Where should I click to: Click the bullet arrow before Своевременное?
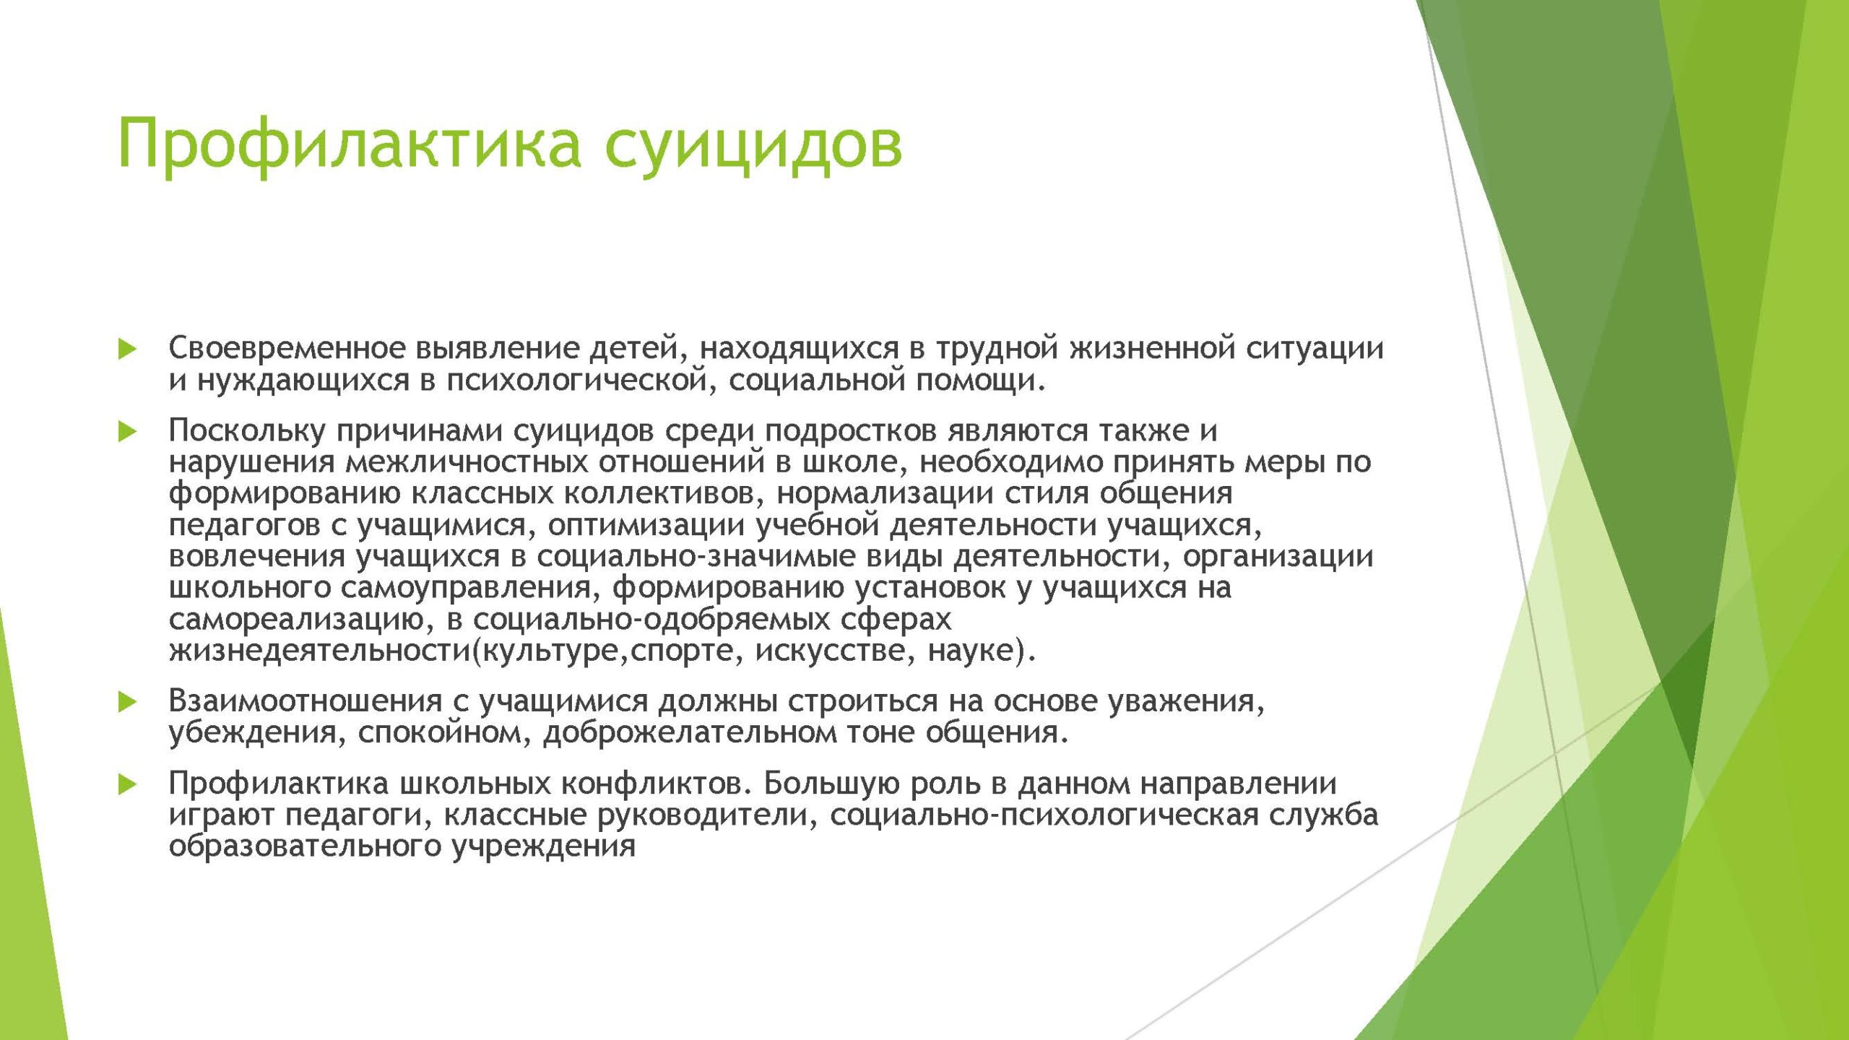coord(128,350)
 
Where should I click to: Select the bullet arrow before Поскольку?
coord(128,433)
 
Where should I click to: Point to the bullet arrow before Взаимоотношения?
coord(128,702)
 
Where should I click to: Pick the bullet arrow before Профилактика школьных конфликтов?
coord(128,785)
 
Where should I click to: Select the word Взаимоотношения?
coord(306,701)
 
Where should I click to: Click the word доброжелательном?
coord(689,733)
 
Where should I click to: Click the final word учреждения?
coord(543,846)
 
